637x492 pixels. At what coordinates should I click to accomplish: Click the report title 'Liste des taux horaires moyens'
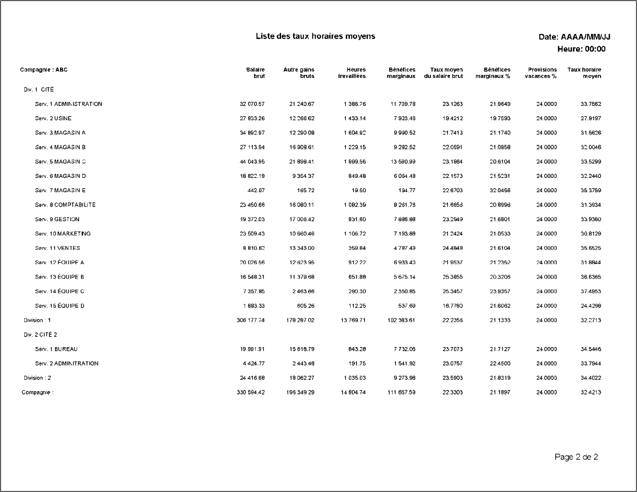click(315, 36)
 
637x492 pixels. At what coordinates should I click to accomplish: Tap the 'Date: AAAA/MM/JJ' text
click(574, 37)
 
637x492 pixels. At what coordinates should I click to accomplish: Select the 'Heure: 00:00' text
click(581, 49)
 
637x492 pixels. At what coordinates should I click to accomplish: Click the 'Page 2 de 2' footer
click(576, 457)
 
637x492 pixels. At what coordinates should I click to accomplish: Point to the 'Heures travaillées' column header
click(352, 73)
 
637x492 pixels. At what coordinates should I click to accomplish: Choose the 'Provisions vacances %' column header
click(541, 73)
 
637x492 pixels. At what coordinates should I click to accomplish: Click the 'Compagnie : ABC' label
click(44, 70)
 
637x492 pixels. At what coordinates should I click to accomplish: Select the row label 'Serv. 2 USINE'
click(53, 118)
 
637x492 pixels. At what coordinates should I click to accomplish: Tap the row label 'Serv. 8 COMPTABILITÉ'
click(65, 205)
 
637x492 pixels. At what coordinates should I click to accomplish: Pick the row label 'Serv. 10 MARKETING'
click(63, 234)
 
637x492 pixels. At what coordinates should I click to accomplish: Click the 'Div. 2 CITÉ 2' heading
click(40, 334)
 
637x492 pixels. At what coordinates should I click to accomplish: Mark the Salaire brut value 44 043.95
click(252, 161)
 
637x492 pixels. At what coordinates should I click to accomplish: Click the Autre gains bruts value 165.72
click(306, 190)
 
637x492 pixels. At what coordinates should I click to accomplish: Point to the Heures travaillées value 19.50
click(359, 190)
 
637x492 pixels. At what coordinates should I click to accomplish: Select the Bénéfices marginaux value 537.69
click(407, 306)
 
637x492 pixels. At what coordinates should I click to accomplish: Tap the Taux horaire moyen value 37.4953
click(591, 291)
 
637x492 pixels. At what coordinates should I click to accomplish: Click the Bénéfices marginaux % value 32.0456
click(500, 190)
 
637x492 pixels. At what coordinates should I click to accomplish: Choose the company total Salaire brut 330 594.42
click(250, 392)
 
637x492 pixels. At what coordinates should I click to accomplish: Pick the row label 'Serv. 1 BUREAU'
click(56, 349)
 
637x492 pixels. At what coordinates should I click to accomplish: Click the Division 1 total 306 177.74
click(250, 320)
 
